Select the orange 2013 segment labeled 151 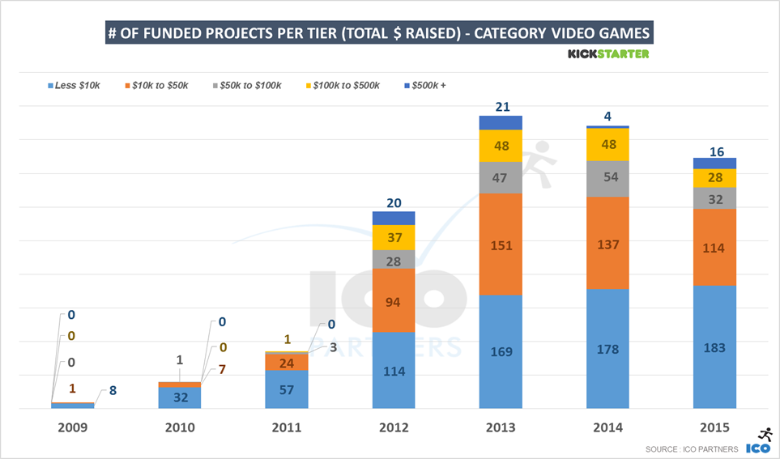pyautogui.click(x=501, y=244)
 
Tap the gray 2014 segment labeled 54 pyautogui.click(x=607, y=179)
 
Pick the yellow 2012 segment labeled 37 pyautogui.click(x=394, y=237)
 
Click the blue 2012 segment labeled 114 pyautogui.click(x=394, y=370)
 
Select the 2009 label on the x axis pyautogui.click(x=73, y=427)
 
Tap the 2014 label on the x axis pyautogui.click(x=607, y=427)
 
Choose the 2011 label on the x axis pyautogui.click(x=287, y=427)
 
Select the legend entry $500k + pyautogui.click(x=427, y=85)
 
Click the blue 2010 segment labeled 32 pyautogui.click(x=180, y=397)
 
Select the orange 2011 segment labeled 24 pyautogui.click(x=287, y=363)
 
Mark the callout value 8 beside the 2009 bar pyautogui.click(x=112, y=390)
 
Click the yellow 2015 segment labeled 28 pyautogui.click(x=714, y=178)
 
